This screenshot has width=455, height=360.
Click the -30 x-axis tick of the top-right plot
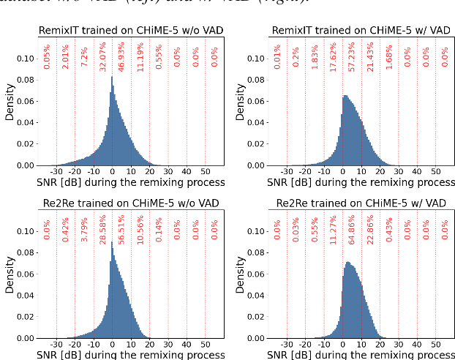287,173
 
